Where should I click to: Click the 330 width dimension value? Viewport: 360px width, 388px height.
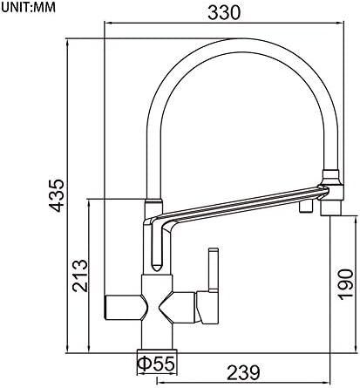(x=224, y=12)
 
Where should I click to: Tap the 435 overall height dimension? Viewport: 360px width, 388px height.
(x=56, y=195)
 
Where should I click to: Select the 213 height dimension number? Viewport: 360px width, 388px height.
(x=79, y=276)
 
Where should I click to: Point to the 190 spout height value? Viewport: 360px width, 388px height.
(x=345, y=284)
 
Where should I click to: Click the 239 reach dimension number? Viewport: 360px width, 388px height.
(x=243, y=372)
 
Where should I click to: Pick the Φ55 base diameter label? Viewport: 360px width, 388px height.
(x=156, y=364)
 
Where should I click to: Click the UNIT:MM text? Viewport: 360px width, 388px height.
(x=28, y=8)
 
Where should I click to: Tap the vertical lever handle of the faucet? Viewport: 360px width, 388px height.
(x=214, y=269)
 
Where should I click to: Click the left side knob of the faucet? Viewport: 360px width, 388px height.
(x=125, y=308)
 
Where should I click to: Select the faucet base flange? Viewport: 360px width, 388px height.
(x=157, y=351)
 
